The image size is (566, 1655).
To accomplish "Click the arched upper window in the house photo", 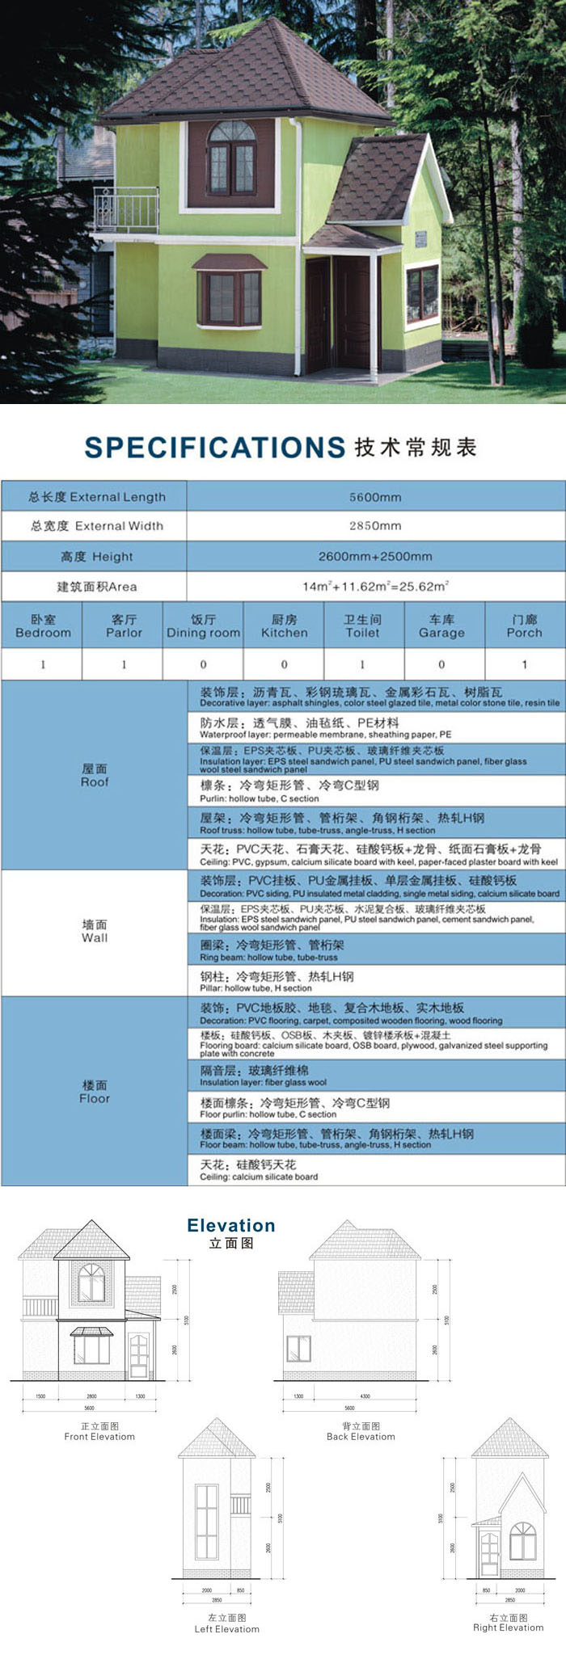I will coord(232,158).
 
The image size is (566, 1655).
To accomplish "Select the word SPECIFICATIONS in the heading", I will coord(215,448).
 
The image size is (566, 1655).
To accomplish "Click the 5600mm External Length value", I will coord(375,497).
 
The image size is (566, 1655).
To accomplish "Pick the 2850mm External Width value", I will coord(375,526).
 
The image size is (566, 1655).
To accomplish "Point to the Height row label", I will coord(96,557).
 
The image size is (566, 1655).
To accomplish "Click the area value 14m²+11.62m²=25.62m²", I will coord(375,587).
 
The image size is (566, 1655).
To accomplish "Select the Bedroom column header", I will coord(43,626).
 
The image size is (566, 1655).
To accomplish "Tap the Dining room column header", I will coord(203,626).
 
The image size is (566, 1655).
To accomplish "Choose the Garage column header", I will coord(441,626).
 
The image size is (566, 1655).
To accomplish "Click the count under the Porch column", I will coord(524,664).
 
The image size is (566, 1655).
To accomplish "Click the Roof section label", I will coord(95,776).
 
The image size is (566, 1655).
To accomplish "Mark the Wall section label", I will coord(95,931).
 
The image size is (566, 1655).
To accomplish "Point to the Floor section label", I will coord(95,1092).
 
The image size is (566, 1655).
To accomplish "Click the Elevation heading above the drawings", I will coord(231,1226).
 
